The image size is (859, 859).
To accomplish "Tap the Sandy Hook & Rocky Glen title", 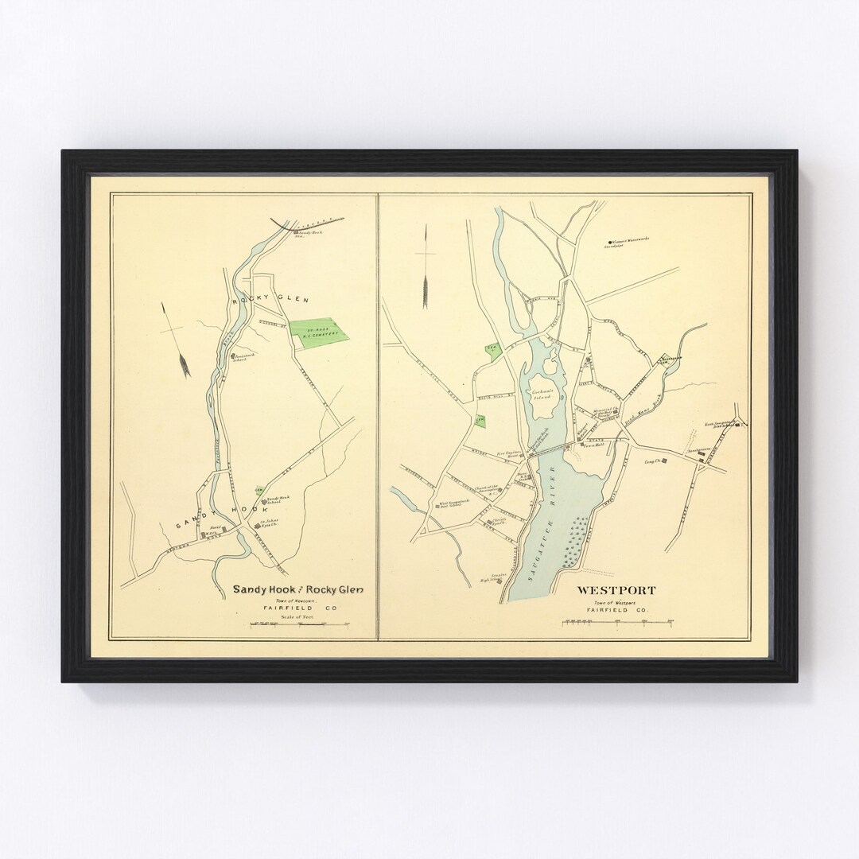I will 297,589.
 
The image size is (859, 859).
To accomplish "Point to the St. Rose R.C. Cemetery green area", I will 320,330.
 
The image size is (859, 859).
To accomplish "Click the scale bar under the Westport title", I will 618,623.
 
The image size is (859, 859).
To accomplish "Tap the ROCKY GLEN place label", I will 258,297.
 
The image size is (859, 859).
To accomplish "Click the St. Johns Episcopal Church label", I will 273,526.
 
